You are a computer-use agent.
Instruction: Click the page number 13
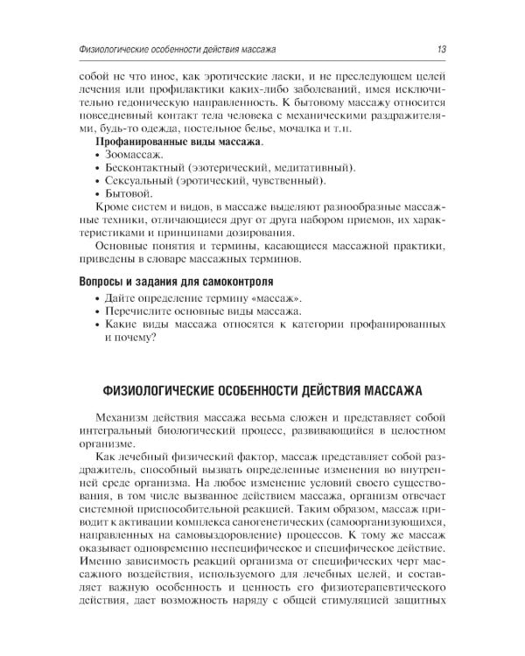(444, 47)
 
